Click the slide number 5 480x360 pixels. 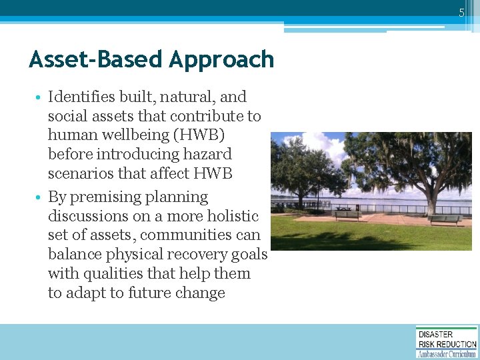pyautogui.click(x=461, y=13)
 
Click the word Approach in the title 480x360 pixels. pyautogui.click(x=221, y=59)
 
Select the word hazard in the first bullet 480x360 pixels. pyautogui.click(x=208, y=154)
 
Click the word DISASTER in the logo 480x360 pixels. pyautogui.click(x=435, y=335)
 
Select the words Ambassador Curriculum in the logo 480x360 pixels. pyautogui.click(x=447, y=353)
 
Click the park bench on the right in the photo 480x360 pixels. pyautogui.click(x=445, y=219)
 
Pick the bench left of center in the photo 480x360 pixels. pyautogui.click(x=347, y=215)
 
